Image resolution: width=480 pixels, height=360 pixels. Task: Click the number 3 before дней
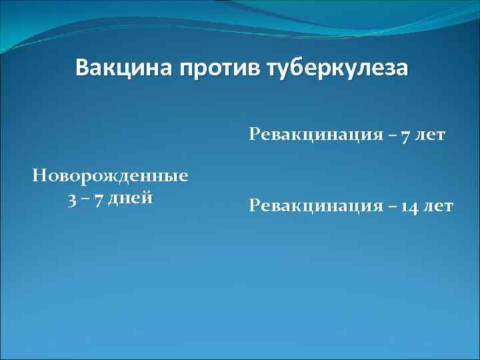(x=71, y=199)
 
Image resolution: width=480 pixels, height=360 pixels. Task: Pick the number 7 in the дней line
(x=99, y=199)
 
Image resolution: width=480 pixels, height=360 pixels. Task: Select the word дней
(x=131, y=199)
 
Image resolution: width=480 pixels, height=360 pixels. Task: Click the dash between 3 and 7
(x=85, y=199)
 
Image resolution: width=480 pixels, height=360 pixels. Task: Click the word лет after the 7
(x=427, y=135)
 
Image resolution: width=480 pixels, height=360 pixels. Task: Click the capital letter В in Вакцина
(x=83, y=69)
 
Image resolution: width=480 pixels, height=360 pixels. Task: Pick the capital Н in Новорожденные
(x=39, y=177)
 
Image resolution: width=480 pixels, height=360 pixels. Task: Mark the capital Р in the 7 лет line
(x=254, y=135)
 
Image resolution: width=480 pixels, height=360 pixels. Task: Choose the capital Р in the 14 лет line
(x=254, y=206)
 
